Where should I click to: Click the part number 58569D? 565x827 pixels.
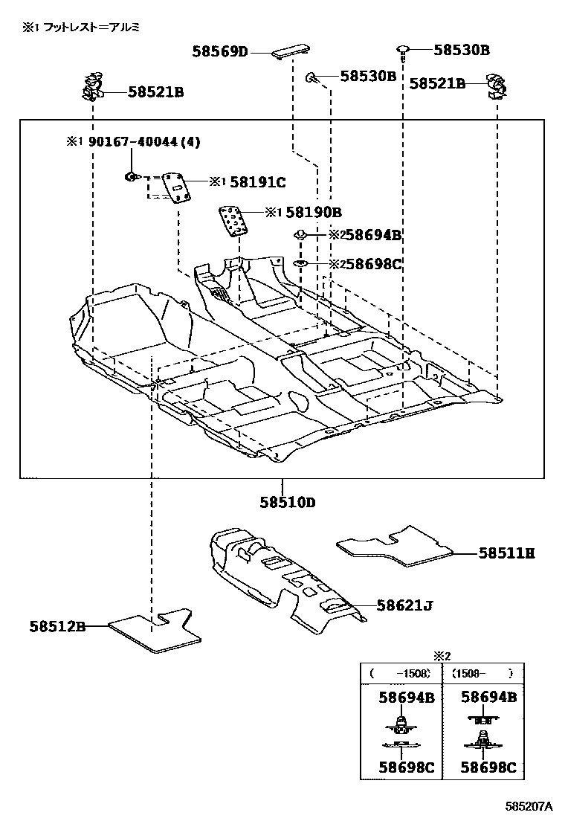click(x=219, y=51)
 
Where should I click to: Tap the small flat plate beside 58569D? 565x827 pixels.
click(x=286, y=54)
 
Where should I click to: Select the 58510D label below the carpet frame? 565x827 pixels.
click(x=287, y=502)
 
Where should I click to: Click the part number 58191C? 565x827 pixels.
click(x=257, y=181)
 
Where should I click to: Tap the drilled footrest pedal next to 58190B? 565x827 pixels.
click(x=234, y=220)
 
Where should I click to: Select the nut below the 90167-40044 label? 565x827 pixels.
click(x=131, y=176)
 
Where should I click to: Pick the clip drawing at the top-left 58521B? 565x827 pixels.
click(x=92, y=87)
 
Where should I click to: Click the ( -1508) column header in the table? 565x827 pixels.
click(x=401, y=673)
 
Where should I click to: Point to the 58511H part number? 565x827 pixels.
click(x=506, y=553)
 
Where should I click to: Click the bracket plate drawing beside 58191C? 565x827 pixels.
click(x=178, y=187)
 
